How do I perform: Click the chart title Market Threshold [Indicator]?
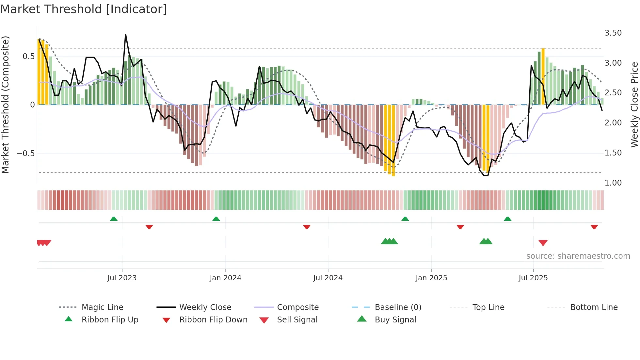(x=84, y=9)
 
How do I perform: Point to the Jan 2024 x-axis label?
(x=225, y=278)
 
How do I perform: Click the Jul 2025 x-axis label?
(x=533, y=278)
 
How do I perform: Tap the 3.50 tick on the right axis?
(x=613, y=33)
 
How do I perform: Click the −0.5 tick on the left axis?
(x=26, y=154)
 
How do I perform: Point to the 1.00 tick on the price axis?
(x=613, y=183)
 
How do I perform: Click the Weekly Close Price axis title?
(x=634, y=105)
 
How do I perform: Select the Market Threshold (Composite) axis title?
(x=5, y=105)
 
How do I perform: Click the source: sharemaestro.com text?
(x=578, y=256)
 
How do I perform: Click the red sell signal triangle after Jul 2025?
(x=543, y=242)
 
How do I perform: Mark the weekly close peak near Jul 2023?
(x=125, y=35)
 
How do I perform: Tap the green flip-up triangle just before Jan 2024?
(x=216, y=219)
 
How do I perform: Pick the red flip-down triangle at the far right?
(x=594, y=227)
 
